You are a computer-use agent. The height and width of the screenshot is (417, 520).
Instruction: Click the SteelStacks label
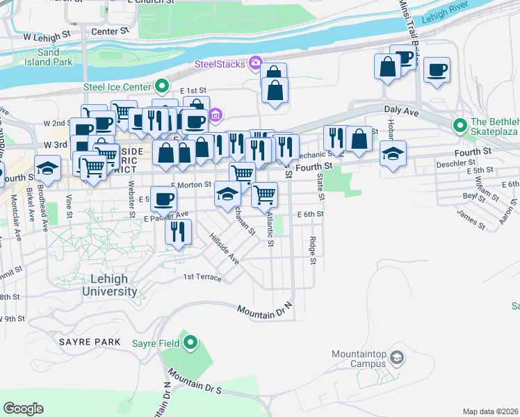pyautogui.click(x=220, y=65)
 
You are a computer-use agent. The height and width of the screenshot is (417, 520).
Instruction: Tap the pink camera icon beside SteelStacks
pyautogui.click(x=255, y=64)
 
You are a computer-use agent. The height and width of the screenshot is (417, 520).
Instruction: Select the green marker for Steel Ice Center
pyautogui.click(x=161, y=86)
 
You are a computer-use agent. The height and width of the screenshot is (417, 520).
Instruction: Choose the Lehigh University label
pyautogui.click(x=109, y=286)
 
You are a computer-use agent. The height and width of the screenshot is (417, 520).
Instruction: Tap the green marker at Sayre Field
pyautogui.click(x=190, y=342)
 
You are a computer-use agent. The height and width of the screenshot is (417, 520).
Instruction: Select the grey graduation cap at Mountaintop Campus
pyautogui.click(x=396, y=358)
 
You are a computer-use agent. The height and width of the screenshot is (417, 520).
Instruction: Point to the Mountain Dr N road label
pyautogui.click(x=267, y=311)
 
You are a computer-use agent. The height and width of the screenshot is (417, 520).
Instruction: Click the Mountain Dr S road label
pyautogui.click(x=195, y=384)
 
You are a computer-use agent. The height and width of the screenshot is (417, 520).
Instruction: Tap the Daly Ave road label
pyautogui.click(x=400, y=110)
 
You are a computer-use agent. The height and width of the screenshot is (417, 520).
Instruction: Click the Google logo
pyautogui.click(x=23, y=409)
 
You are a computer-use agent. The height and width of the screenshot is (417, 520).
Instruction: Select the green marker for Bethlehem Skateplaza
pyautogui.click(x=460, y=126)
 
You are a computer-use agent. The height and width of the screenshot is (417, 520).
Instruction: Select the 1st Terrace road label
pyautogui.click(x=202, y=277)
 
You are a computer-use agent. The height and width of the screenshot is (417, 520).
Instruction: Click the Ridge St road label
pyautogui.click(x=313, y=251)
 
